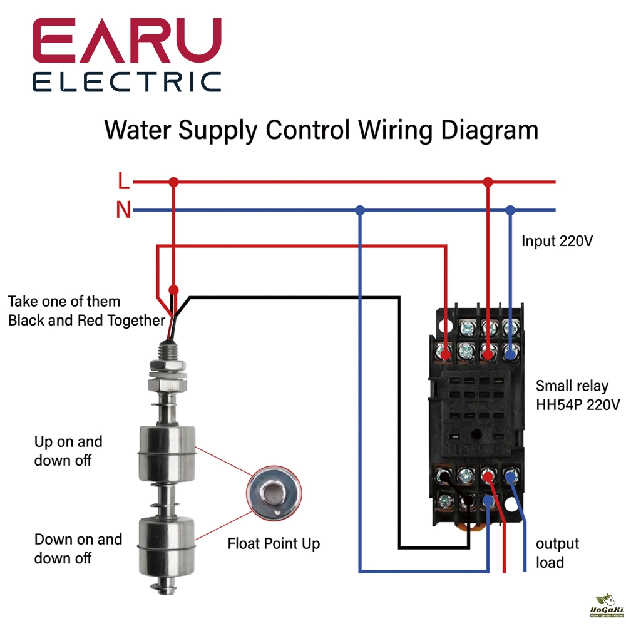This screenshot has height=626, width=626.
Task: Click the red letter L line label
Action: pos(123,182)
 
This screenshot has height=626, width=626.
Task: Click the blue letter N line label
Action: pos(123,210)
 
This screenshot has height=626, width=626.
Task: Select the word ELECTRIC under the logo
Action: pos(127,82)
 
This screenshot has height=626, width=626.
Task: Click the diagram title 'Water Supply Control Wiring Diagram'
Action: pos(321,131)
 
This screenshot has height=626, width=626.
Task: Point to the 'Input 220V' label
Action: pos(557,240)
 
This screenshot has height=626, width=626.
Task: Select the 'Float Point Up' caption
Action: pos(274,543)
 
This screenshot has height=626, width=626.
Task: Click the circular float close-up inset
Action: pos(274,493)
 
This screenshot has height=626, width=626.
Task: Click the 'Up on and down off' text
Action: pos(68,451)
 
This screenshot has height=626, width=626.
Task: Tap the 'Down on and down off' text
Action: pos(78,548)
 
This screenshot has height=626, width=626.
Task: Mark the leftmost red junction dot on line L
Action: pos(174,182)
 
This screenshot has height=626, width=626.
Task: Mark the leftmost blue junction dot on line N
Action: pos(359,210)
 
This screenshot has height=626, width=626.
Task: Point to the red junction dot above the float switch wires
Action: pos(174,290)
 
